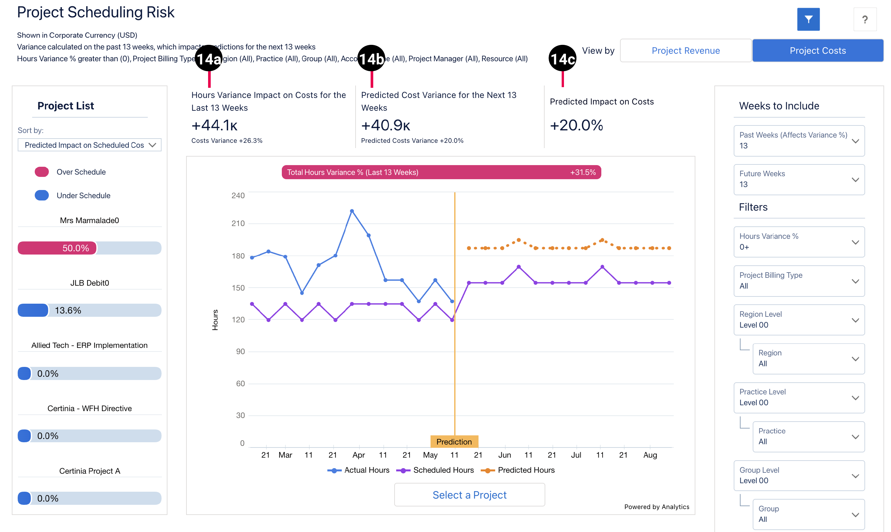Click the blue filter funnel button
pyautogui.click(x=808, y=19)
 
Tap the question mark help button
pyautogui.click(x=865, y=19)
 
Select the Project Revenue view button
pyautogui.click(x=685, y=50)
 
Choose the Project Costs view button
pyautogui.click(x=818, y=50)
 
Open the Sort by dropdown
pyautogui.click(x=89, y=145)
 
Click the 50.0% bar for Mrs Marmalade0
pyautogui.click(x=57, y=248)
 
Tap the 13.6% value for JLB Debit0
pyautogui.click(x=68, y=311)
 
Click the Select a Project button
pyautogui.click(x=469, y=495)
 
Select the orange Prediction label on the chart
pyautogui.click(x=454, y=442)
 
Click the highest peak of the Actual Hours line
pyautogui.click(x=352, y=211)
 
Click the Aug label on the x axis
pyautogui.click(x=650, y=455)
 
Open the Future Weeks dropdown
pyautogui.click(x=799, y=179)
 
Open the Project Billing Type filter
pyautogui.click(x=799, y=281)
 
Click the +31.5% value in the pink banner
pyautogui.click(x=583, y=172)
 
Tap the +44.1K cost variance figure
pyautogui.click(x=214, y=125)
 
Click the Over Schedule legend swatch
pyautogui.click(x=42, y=172)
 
